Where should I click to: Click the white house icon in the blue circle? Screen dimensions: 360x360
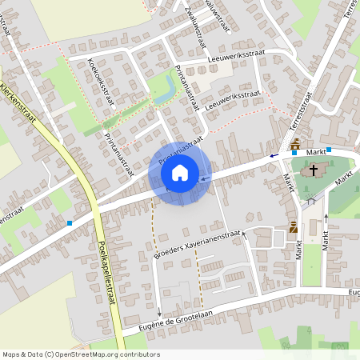(x=180, y=173)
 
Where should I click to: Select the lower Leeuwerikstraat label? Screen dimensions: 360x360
(x=232, y=100)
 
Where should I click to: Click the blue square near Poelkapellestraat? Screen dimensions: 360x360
(x=70, y=223)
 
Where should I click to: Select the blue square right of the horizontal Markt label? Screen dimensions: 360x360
(x=330, y=149)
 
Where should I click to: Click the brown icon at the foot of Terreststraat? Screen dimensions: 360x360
(x=295, y=143)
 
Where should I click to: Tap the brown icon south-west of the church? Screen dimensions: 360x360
(x=293, y=226)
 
